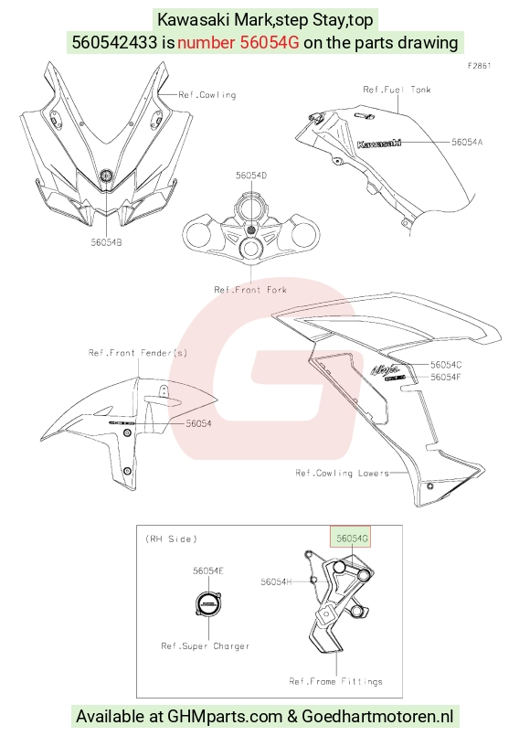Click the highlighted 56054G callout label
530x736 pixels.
pyautogui.click(x=352, y=538)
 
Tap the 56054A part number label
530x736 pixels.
pyautogui.click(x=467, y=142)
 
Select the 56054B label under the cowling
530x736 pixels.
pyautogui.click(x=107, y=242)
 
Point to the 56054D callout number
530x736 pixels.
pyautogui.click(x=251, y=175)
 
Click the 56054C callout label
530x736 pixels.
pyautogui.click(x=446, y=364)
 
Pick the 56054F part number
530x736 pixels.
pyautogui.click(x=446, y=377)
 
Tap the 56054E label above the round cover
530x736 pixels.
pyautogui.click(x=208, y=571)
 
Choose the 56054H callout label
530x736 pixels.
pyautogui.click(x=276, y=581)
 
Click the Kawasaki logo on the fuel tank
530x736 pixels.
pyautogui.click(x=379, y=143)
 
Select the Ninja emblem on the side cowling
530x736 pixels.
pyautogui.click(x=386, y=370)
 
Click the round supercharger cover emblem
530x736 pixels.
pyautogui.click(x=207, y=604)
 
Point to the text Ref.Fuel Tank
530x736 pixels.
pyautogui.click(x=397, y=90)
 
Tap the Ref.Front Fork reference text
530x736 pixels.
pyautogui.click(x=250, y=290)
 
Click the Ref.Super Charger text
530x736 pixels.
pyautogui.click(x=206, y=645)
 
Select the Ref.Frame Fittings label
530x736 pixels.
pyautogui.click(x=336, y=681)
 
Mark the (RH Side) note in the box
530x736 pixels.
pyautogui.click(x=171, y=539)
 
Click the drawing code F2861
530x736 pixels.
pyautogui.click(x=480, y=66)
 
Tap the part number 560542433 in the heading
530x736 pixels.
pyautogui.click(x=114, y=42)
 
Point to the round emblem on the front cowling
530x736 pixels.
pyautogui.click(x=106, y=176)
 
